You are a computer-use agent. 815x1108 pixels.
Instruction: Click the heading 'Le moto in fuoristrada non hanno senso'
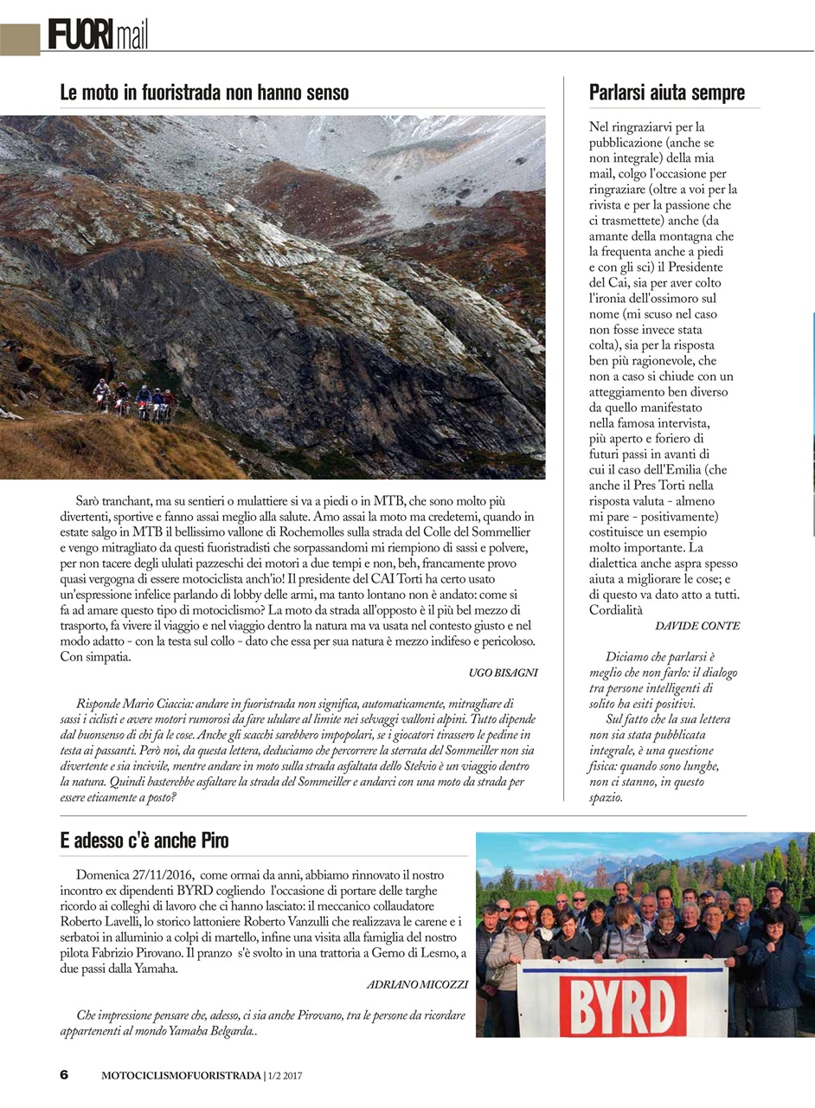204,92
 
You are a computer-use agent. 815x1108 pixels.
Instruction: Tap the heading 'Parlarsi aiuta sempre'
666,92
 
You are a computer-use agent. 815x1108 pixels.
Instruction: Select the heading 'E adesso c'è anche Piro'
144,841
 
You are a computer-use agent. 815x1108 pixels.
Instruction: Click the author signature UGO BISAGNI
503,673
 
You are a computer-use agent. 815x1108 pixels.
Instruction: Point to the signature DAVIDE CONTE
697,625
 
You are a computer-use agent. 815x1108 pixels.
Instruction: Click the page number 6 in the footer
64,1075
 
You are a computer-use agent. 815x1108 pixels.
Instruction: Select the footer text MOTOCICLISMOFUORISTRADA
181,1076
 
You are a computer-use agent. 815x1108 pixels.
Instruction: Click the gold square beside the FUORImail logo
19,38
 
